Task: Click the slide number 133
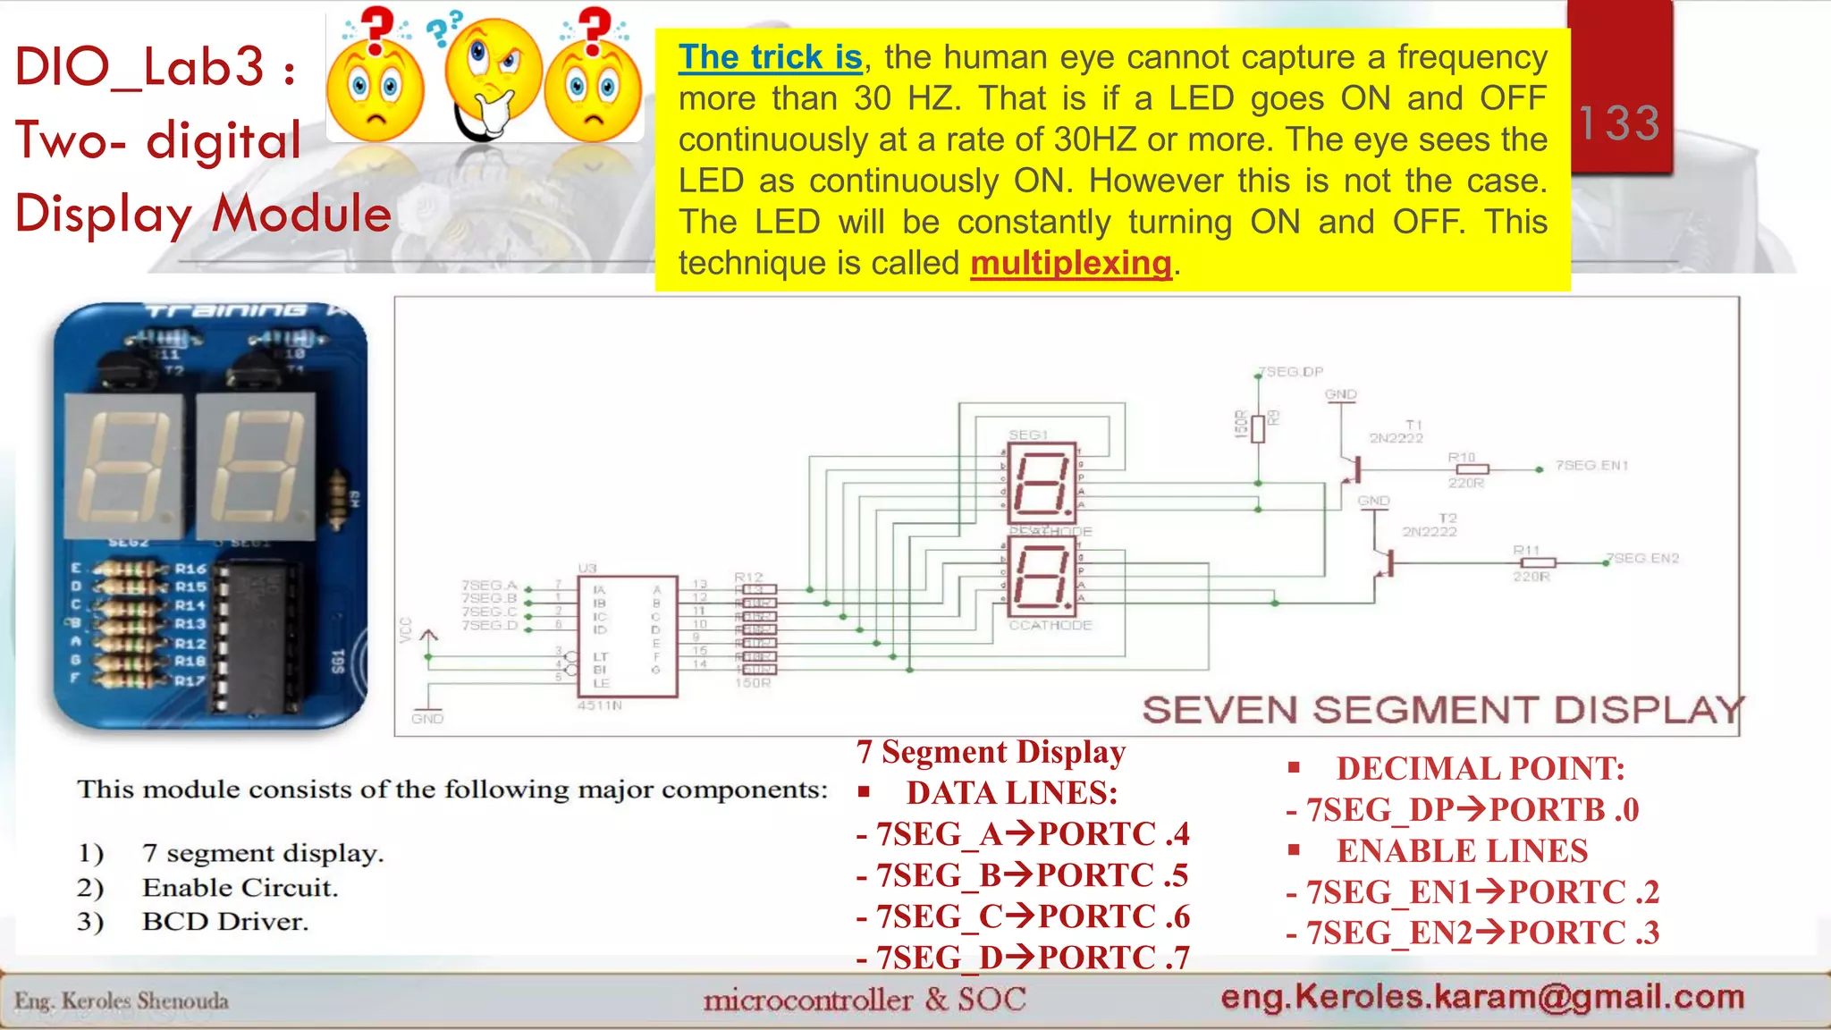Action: click(x=1619, y=122)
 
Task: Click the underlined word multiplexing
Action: click(x=1070, y=263)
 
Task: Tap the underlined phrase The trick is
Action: click(x=770, y=57)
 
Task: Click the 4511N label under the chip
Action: click(x=599, y=705)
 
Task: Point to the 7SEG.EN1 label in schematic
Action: click(x=1591, y=465)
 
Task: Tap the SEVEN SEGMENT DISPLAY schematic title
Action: click(x=1442, y=710)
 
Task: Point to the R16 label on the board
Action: click(x=190, y=569)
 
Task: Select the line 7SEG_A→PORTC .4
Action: click(x=1023, y=834)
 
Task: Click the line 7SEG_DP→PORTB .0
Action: click(x=1462, y=810)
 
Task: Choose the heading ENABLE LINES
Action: click(x=1461, y=851)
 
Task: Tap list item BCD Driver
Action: click(x=224, y=922)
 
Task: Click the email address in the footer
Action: click(x=1481, y=996)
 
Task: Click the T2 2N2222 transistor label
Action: click(x=1430, y=525)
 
